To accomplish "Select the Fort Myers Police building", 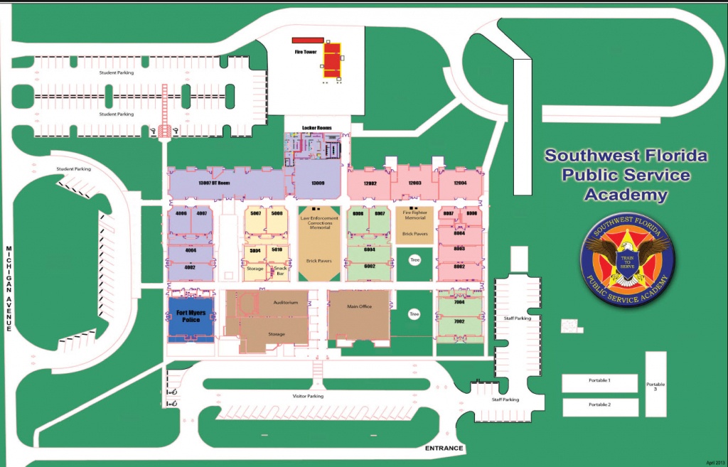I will tap(190, 317).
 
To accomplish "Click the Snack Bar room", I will tap(279, 271).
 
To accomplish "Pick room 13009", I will tap(317, 183).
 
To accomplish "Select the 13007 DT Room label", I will tap(216, 183).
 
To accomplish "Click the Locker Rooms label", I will tap(317, 128).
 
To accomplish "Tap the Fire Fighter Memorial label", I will tap(414, 215).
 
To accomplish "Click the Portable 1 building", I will tap(599, 382).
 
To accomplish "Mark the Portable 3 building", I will tap(655, 386).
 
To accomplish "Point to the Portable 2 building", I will tap(599, 406).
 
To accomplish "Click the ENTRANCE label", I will tap(444, 449).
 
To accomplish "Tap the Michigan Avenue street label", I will tap(9, 289).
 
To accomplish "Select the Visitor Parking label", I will tap(308, 396).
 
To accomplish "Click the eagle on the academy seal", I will tap(626, 255).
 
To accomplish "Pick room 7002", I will tap(459, 322).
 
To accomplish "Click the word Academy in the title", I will tap(625, 194).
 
